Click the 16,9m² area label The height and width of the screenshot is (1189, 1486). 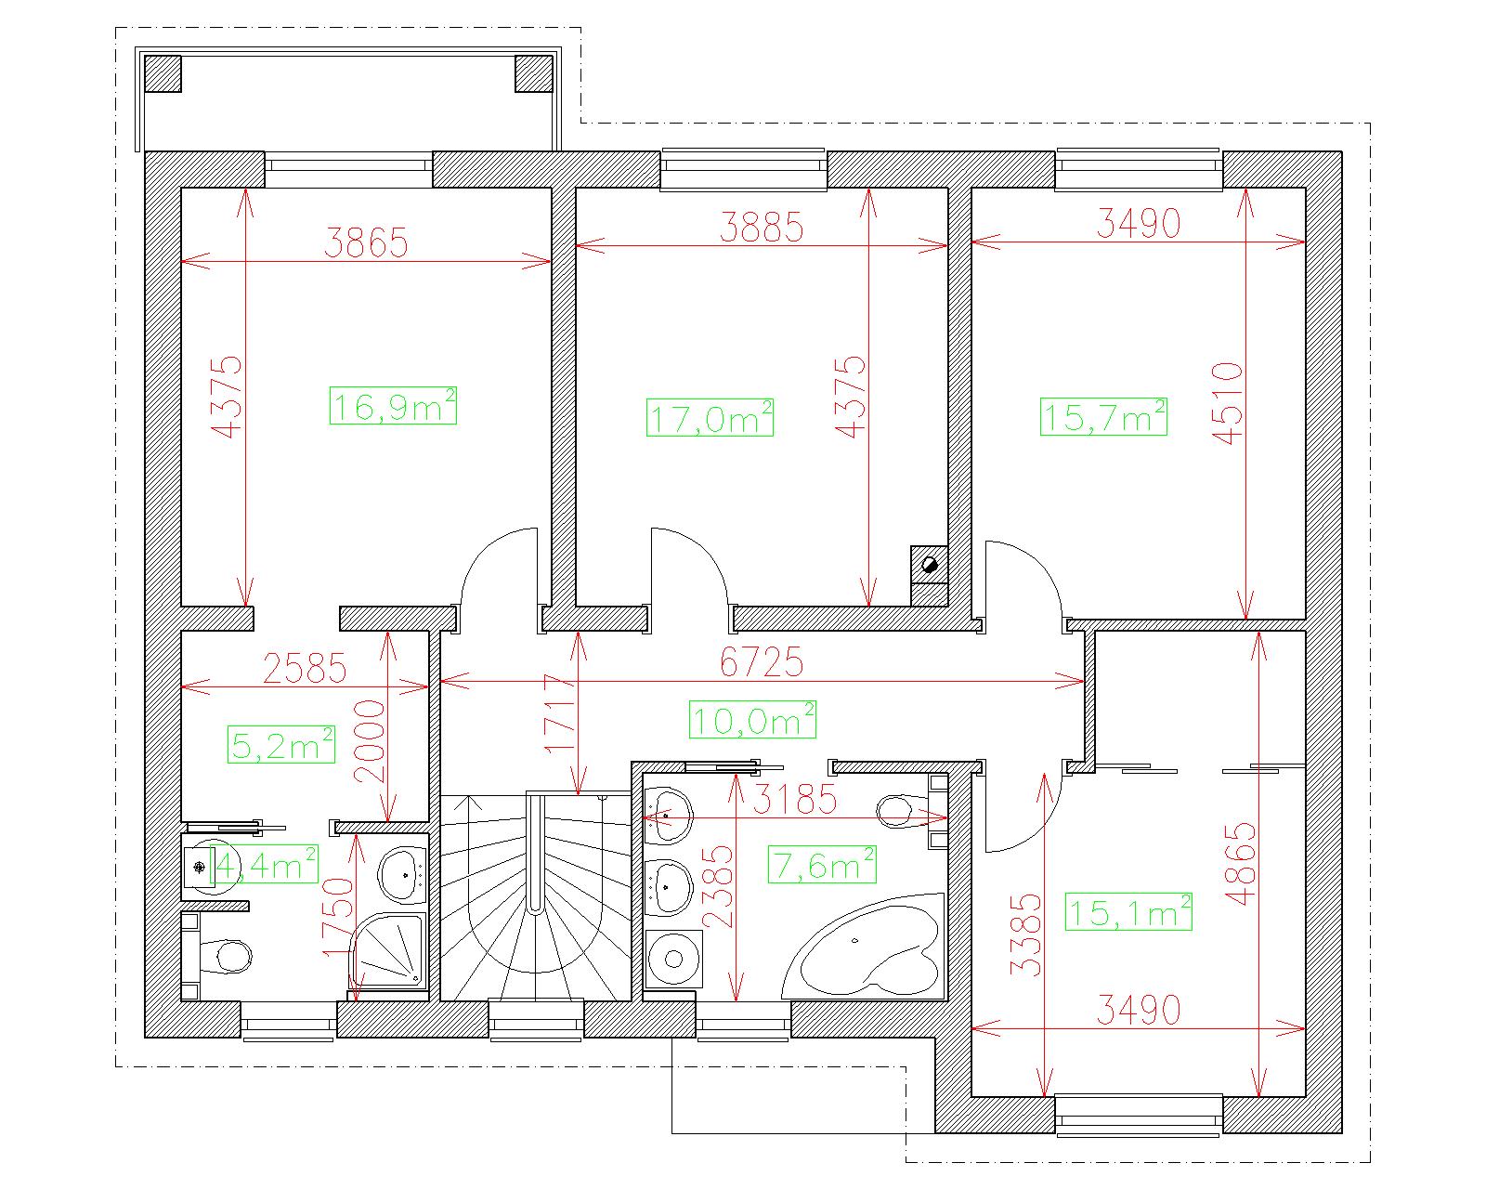[x=393, y=406]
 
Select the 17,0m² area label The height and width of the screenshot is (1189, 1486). [x=710, y=417]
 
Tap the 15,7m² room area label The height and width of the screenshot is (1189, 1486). [x=1103, y=416]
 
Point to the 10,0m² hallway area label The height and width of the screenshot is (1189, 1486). [x=752, y=719]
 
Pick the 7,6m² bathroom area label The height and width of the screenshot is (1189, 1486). [x=822, y=864]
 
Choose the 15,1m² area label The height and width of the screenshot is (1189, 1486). [x=1128, y=911]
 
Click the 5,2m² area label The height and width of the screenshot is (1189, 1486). [x=281, y=744]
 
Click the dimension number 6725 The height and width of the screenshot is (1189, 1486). [x=762, y=662]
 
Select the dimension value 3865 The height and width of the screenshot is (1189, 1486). [x=366, y=242]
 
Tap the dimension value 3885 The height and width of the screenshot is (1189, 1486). [x=762, y=227]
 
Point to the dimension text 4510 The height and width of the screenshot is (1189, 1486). [x=1228, y=403]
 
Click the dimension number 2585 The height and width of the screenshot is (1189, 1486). [x=305, y=668]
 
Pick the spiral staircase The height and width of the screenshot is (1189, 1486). [x=536, y=898]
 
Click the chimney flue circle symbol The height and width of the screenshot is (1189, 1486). [x=930, y=565]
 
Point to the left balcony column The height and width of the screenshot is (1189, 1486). [x=163, y=74]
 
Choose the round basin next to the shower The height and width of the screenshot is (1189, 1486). [x=404, y=875]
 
